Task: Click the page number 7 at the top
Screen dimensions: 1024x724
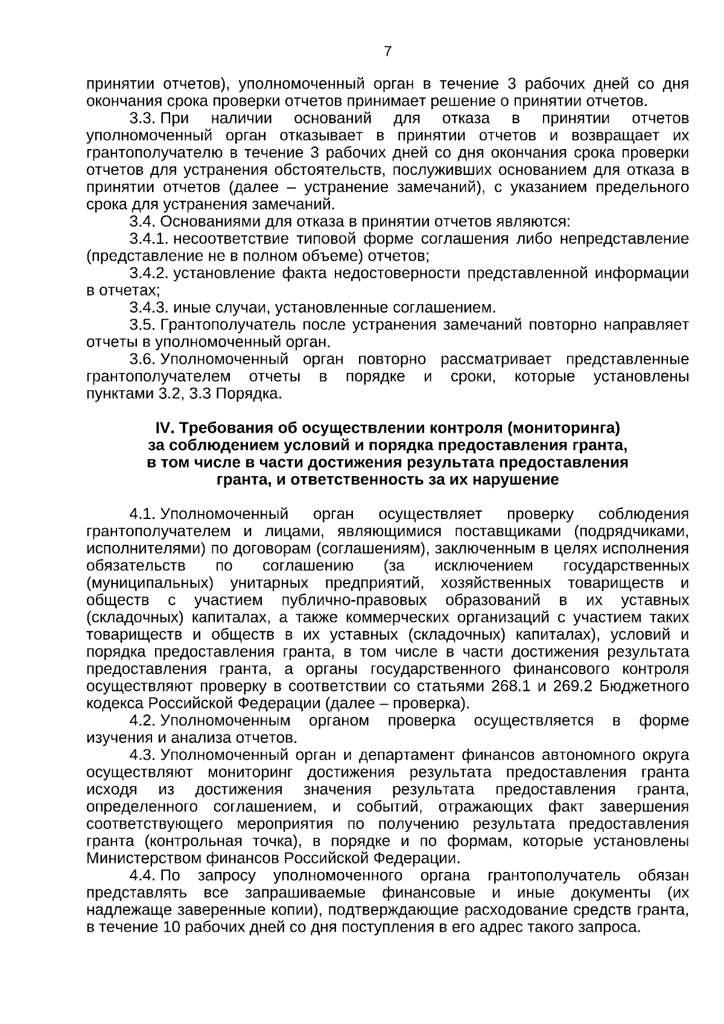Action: click(388, 52)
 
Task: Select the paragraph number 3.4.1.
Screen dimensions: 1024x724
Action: click(148, 239)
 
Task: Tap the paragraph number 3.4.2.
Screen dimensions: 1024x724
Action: click(148, 273)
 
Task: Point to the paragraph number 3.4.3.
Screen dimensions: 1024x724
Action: click(148, 308)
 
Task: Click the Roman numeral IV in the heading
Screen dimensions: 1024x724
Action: click(164, 428)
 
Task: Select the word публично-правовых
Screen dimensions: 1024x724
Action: click(354, 601)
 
